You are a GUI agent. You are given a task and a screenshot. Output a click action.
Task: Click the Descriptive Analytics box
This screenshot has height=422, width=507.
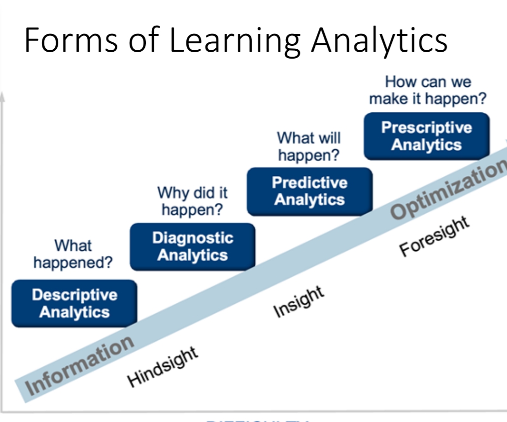pos(74,303)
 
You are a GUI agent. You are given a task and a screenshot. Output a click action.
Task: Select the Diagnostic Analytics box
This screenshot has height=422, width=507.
pos(192,247)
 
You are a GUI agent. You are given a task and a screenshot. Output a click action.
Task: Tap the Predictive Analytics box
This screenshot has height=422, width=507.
pos(309,192)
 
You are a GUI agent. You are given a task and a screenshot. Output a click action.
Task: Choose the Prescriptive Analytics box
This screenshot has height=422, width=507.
pos(426,136)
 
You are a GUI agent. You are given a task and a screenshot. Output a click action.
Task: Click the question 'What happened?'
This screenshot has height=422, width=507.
pos(73,254)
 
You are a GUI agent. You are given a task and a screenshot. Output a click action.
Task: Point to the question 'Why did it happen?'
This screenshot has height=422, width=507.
pos(192,201)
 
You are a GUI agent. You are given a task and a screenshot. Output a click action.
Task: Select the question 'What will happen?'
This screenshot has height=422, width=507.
pos(308,146)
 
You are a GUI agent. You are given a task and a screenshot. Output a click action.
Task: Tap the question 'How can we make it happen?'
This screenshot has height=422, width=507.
pos(428,90)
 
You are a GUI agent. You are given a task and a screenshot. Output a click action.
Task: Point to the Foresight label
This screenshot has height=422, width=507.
pos(434,236)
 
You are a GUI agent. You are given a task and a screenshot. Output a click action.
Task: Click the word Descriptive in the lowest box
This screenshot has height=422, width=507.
pos(74,295)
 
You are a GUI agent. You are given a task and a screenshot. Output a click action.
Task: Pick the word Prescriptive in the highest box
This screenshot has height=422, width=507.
pos(426,128)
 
